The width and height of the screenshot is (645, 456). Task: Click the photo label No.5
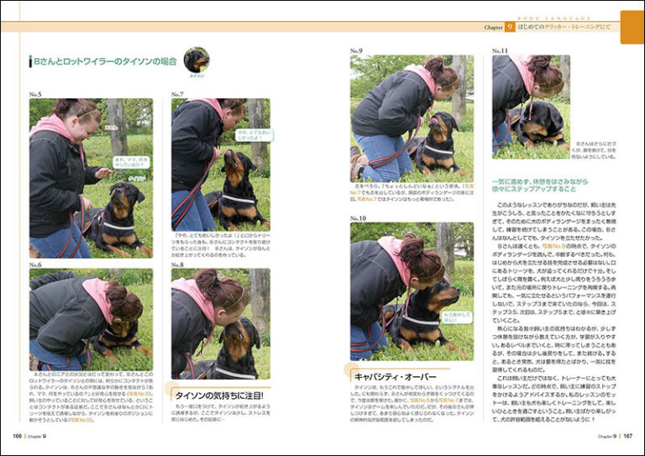point(35,95)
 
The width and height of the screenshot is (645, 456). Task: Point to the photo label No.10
point(359,218)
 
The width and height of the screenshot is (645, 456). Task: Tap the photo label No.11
point(501,51)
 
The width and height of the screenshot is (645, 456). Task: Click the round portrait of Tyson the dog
point(196,60)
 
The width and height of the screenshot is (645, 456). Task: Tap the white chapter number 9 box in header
point(510,27)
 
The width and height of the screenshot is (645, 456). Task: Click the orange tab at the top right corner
point(632,27)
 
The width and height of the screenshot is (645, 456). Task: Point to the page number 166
point(17,436)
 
